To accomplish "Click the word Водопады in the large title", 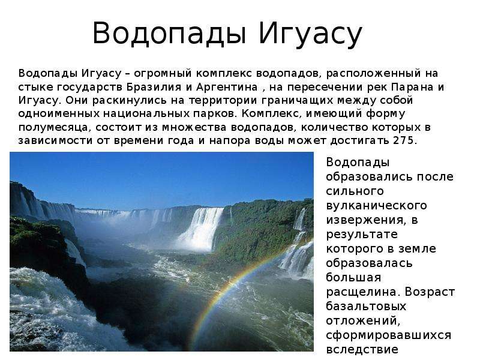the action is click(x=169, y=33).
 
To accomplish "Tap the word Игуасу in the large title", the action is click(x=310, y=33).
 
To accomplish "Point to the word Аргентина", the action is click(x=227, y=87).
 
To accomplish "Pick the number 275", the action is click(x=403, y=140).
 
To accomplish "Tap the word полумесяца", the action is click(x=53, y=127).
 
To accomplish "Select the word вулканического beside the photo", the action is click(x=376, y=206).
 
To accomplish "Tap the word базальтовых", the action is click(x=366, y=307).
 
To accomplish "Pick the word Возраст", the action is click(x=430, y=292).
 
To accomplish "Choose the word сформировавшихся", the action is click(x=388, y=335).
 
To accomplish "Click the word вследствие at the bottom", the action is click(x=362, y=349).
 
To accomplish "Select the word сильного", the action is click(x=355, y=191).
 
